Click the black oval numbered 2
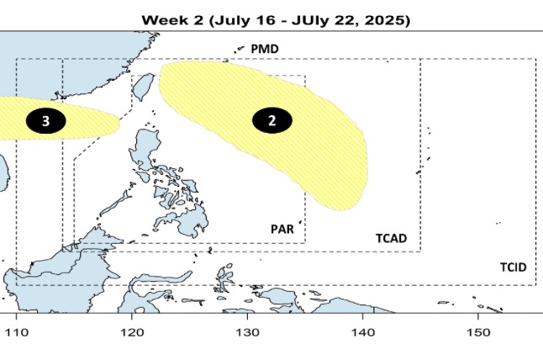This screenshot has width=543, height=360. click(x=272, y=120)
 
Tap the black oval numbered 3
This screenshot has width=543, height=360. click(x=46, y=121)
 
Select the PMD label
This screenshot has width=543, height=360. click(x=265, y=50)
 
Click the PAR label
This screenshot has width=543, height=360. click(x=282, y=229)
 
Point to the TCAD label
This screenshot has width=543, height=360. click(x=391, y=239)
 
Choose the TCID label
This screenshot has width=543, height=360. click(x=513, y=267)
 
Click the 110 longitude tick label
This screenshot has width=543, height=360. click(x=16, y=332)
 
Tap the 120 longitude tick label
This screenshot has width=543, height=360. click(x=132, y=332)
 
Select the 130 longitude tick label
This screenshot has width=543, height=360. click(x=247, y=332)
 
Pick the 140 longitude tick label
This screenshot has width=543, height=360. click(x=362, y=332)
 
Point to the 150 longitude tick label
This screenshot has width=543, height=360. click(x=477, y=332)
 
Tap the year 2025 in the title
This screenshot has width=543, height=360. click(x=386, y=19)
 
